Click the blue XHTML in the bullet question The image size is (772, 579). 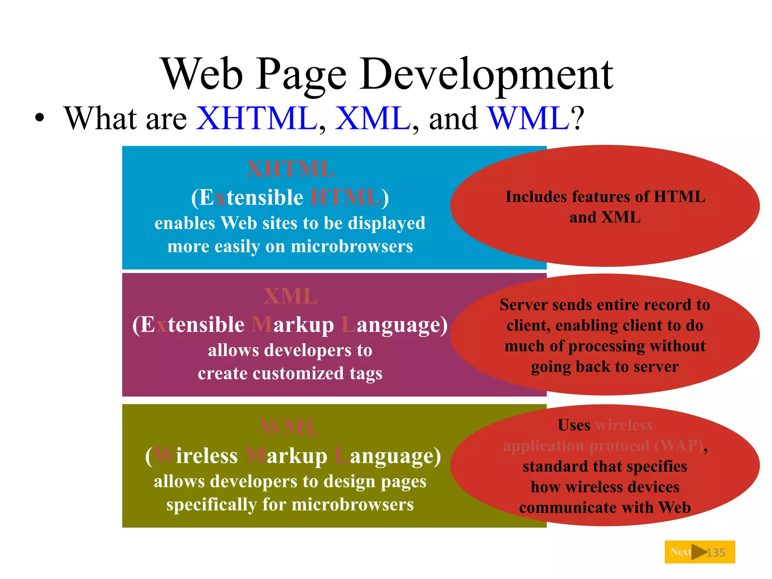coord(257,119)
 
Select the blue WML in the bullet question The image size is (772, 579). coord(528,119)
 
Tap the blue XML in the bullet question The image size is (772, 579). coord(372,119)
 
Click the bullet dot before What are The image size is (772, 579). coord(39,118)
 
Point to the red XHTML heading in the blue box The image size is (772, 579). coord(291,169)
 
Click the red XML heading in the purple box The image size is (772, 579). coord(291,297)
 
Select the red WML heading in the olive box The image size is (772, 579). coord(291,427)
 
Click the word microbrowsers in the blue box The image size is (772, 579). coord(352,247)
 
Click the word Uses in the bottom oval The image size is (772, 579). coord(574,425)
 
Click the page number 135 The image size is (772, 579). coord(715,553)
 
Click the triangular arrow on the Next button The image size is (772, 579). coord(698,552)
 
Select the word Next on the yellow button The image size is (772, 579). coord(680,552)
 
